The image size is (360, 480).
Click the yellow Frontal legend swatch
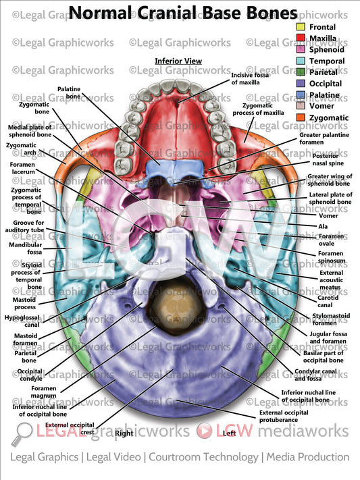coord(301,27)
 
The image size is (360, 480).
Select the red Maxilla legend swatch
coord(301,38)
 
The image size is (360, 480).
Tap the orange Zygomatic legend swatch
coord(301,118)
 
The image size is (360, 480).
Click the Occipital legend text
coord(325,84)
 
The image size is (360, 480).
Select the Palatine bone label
coord(69,93)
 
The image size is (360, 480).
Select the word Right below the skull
coord(124,433)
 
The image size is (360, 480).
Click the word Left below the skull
coord(229,433)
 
